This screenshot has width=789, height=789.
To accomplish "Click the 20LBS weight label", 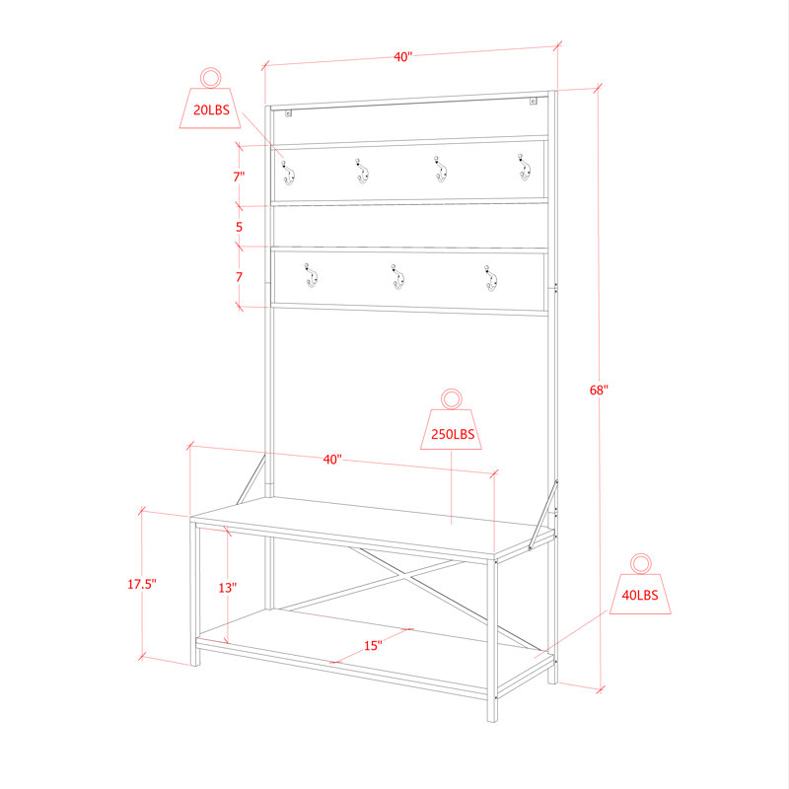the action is (x=211, y=109).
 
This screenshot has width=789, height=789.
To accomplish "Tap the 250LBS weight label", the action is (x=453, y=434).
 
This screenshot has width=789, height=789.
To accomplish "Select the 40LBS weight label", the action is (x=639, y=595).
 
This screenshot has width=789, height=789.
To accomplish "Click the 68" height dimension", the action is (x=599, y=390).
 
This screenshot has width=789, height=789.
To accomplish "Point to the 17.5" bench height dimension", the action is (x=141, y=584).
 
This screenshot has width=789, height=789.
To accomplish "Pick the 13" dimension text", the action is (x=228, y=587).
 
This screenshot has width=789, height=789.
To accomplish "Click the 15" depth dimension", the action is (x=373, y=646).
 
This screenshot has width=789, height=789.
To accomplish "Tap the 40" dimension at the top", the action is (x=403, y=57).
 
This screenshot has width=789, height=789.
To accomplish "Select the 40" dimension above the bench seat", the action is (x=332, y=460).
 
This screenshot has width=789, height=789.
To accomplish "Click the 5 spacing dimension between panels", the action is (x=239, y=227).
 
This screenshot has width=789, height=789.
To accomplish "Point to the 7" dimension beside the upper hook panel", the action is (x=239, y=177).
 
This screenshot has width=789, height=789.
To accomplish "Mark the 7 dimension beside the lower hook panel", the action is (x=239, y=277).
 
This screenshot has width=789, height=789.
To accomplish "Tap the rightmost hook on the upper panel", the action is (x=525, y=167).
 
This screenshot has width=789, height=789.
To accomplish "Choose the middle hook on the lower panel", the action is (x=398, y=277).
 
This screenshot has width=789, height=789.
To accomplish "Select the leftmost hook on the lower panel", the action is (x=311, y=275).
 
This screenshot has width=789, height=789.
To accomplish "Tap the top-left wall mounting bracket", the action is (x=288, y=113).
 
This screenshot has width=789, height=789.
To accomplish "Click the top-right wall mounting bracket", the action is (x=533, y=101).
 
